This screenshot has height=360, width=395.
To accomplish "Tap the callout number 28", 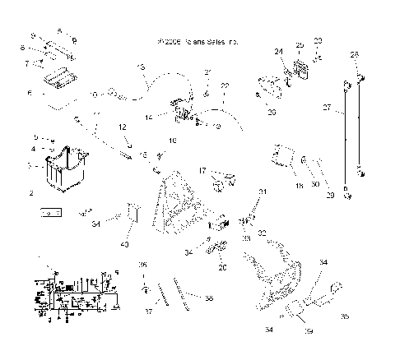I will pyautogui.click(x=355, y=54).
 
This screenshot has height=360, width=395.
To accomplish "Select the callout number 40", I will pyautogui.click(x=124, y=243).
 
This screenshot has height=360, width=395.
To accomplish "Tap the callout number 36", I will pyautogui.click(x=142, y=264).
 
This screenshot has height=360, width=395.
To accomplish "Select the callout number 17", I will pyautogui.click(x=200, y=170).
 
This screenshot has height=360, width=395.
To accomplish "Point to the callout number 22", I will pyautogui.click(x=225, y=86).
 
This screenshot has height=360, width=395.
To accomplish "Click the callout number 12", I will pyautogui.click(x=120, y=126).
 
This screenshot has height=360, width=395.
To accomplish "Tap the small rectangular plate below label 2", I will pyautogui.click(x=50, y=212).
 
